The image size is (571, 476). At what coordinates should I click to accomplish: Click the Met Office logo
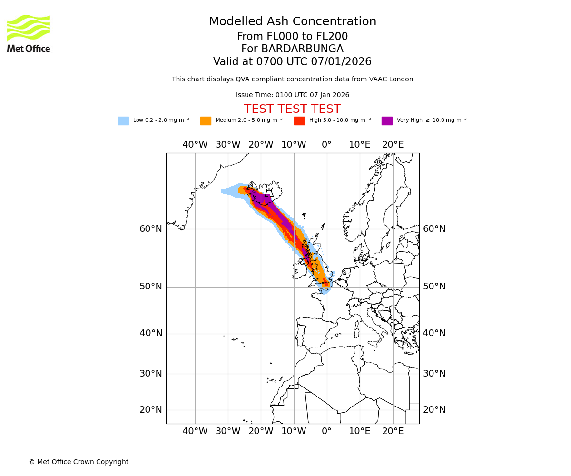(x=29, y=33)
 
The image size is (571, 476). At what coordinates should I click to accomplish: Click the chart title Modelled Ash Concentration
(x=292, y=22)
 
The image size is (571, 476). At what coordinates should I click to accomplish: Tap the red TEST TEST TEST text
(x=292, y=109)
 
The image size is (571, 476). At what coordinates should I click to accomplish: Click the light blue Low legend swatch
(x=123, y=121)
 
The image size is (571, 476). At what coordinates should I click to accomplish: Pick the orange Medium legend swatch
(x=206, y=121)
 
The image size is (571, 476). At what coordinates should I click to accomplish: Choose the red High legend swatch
(x=299, y=121)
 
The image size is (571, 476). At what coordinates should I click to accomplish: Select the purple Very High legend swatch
(x=387, y=121)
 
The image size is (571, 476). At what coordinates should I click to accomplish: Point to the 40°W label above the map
(x=195, y=145)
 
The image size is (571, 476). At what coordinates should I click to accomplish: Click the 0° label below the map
(x=326, y=431)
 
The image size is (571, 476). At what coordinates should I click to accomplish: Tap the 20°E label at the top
(x=393, y=145)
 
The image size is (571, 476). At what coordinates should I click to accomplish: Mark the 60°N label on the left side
(x=150, y=229)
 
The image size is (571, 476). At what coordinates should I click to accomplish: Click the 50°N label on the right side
(x=434, y=287)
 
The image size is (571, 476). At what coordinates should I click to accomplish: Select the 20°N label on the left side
(x=150, y=410)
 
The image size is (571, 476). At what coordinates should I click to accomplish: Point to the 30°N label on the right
(x=434, y=374)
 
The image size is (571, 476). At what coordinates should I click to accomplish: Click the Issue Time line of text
(x=292, y=95)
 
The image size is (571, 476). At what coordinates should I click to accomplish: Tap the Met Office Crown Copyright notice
(x=79, y=462)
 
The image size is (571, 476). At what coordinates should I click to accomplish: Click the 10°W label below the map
(x=294, y=431)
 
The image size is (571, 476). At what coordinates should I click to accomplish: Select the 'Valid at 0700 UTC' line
(x=292, y=62)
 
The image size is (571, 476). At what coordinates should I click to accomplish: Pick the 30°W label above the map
(x=227, y=145)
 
